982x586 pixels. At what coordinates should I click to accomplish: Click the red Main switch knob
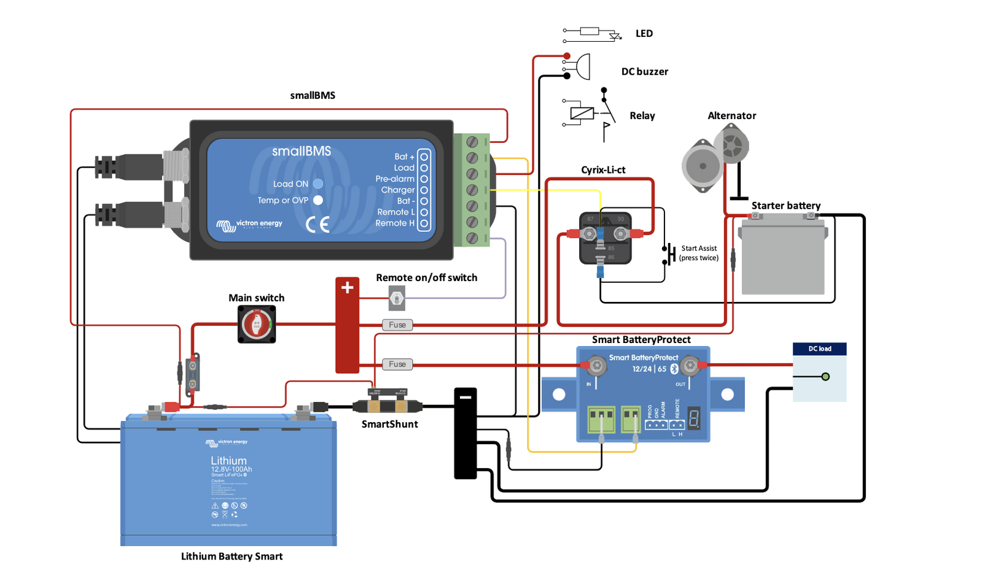pyautogui.click(x=257, y=324)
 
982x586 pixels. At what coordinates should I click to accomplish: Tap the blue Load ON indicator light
pyautogui.click(x=318, y=183)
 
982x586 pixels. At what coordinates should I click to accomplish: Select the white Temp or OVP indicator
pyautogui.click(x=318, y=200)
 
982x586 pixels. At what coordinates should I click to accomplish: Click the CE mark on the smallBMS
pyautogui.click(x=318, y=225)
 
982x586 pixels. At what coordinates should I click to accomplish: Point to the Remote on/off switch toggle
pyautogui.click(x=397, y=299)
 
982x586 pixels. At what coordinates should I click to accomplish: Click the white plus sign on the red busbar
pyautogui.click(x=347, y=287)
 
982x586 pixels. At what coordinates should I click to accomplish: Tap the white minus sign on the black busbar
pyautogui.click(x=466, y=397)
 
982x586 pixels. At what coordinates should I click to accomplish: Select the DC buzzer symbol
pyautogui.click(x=581, y=66)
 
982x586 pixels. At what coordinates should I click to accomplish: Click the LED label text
pyautogui.click(x=644, y=33)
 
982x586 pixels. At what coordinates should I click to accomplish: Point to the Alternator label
pyautogui.click(x=731, y=115)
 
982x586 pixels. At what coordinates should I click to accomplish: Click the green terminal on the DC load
pyautogui.click(x=825, y=376)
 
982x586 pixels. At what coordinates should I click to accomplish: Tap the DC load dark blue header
pyautogui.click(x=819, y=349)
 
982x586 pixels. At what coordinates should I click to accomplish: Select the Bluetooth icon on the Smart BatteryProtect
pyautogui.click(x=674, y=368)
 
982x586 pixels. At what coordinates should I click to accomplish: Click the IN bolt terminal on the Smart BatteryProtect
pyautogui.click(x=596, y=366)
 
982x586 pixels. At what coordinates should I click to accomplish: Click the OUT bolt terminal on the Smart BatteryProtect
pyautogui.click(x=690, y=366)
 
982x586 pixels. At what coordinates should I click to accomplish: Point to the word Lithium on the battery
pyautogui.click(x=228, y=460)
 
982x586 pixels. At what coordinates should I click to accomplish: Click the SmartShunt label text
pyautogui.click(x=389, y=424)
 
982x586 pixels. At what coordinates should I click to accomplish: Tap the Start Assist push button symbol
pyautogui.click(x=669, y=253)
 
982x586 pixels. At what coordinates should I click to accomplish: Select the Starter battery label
pyautogui.click(x=785, y=206)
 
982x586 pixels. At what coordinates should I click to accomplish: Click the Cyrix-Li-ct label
pyautogui.click(x=603, y=170)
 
